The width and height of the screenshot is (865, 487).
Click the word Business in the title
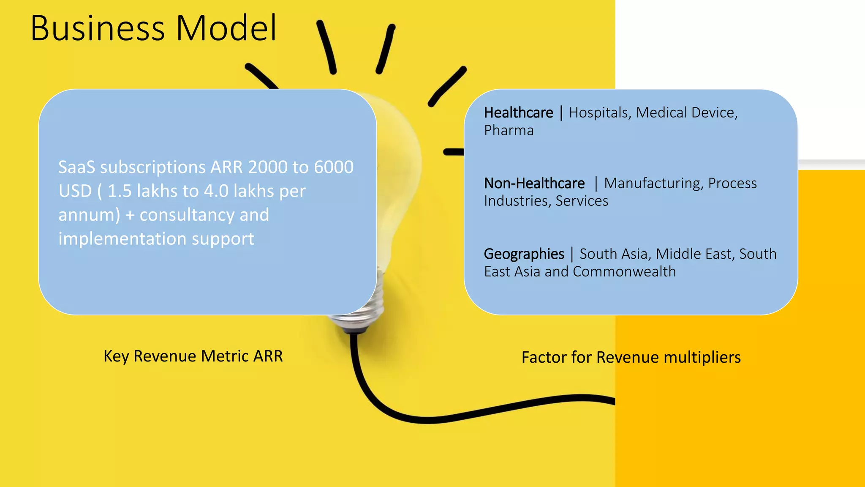(97, 29)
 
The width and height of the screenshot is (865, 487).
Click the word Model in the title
(226, 29)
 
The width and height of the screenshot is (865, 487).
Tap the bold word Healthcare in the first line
(518, 113)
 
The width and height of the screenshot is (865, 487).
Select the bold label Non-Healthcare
(534, 183)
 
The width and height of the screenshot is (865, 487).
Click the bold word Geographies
(524, 254)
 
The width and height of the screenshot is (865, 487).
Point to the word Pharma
(509, 131)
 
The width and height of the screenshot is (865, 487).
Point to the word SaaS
(76, 167)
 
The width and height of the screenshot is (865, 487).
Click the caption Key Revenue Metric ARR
(193, 356)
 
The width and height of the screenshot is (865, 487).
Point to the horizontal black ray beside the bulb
(453, 152)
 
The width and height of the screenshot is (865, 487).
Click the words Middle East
(695, 254)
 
